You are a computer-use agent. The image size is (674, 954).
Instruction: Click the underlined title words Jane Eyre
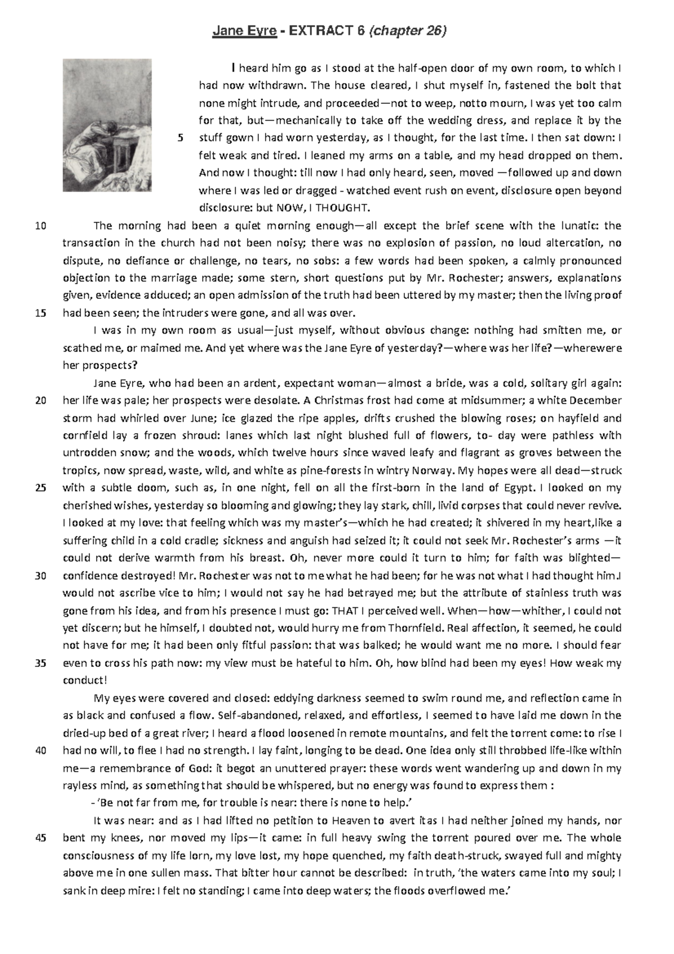click(244, 32)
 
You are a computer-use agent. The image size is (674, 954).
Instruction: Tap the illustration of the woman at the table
click(107, 125)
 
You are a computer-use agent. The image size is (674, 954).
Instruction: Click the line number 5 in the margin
click(180, 138)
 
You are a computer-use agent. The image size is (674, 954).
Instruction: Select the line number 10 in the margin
click(40, 226)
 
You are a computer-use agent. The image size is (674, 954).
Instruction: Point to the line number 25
click(40, 488)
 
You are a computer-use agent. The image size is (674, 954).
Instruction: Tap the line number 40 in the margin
click(40, 751)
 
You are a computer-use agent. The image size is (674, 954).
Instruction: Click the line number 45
click(40, 838)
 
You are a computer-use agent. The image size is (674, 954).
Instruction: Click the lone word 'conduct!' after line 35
click(84, 680)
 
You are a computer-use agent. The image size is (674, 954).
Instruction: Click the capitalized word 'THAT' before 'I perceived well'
click(344, 611)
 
